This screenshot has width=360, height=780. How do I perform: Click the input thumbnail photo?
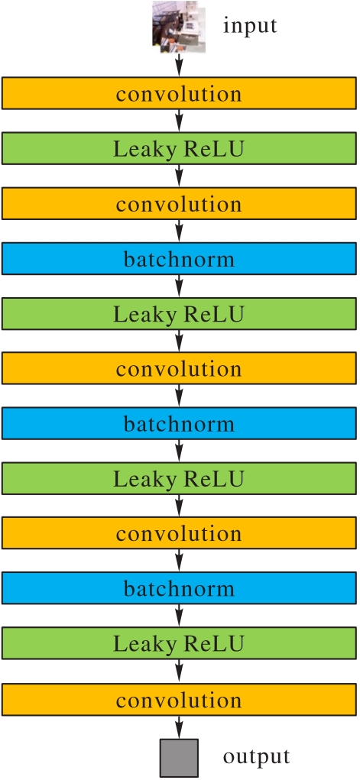coord(179,27)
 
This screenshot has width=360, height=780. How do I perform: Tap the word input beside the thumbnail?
coord(250,26)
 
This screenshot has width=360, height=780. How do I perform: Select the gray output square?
coord(179,758)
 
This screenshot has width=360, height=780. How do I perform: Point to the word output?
coord(256,756)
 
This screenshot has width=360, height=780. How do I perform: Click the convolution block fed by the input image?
coord(180,93)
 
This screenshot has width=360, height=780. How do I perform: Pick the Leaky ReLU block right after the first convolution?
coord(180,148)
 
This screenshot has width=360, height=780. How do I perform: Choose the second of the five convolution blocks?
coord(180,203)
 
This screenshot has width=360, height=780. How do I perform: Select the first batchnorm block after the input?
coord(180,258)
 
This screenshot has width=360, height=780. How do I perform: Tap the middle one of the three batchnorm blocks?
coord(180,422)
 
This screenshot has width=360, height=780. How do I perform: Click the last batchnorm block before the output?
coord(180,588)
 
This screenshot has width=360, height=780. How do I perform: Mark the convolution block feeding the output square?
coord(180,700)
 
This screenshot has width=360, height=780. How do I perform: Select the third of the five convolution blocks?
coord(180,368)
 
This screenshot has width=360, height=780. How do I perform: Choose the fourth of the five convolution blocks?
coord(180,532)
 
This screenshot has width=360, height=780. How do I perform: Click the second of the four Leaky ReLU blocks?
coord(180,313)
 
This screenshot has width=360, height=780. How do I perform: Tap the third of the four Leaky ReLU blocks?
coord(180,478)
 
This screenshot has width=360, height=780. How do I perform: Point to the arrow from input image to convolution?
coord(180,65)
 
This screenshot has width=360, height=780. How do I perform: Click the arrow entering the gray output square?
coord(180,727)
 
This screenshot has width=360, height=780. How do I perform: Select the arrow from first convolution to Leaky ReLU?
coord(180,121)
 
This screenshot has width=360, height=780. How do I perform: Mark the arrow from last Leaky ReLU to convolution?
coord(180,672)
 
